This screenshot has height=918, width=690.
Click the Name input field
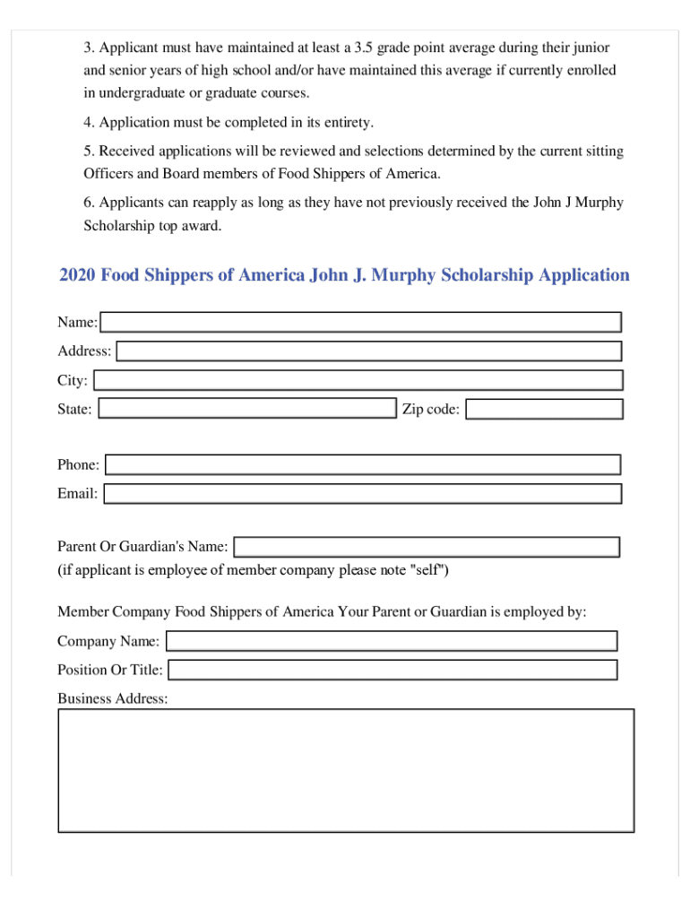[x=360, y=322]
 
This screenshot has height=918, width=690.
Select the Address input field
[x=368, y=351]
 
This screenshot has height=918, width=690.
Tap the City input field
[x=358, y=380]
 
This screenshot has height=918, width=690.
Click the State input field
[x=246, y=409]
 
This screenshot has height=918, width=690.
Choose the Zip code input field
[x=544, y=410]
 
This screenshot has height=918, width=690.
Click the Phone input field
[x=363, y=464]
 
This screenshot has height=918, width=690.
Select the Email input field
[x=362, y=493]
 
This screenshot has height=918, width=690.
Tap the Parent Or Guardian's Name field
[x=427, y=547]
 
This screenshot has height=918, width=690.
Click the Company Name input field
[x=392, y=641]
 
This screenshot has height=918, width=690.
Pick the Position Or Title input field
[x=392, y=670]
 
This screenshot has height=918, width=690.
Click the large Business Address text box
[x=346, y=771]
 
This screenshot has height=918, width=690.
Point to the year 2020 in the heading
[x=78, y=275]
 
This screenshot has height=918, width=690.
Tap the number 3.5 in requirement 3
[x=364, y=47]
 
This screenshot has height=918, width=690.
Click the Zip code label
[x=431, y=410]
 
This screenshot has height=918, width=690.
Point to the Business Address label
[x=112, y=698]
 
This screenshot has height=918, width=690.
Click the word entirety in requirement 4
[x=346, y=122]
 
